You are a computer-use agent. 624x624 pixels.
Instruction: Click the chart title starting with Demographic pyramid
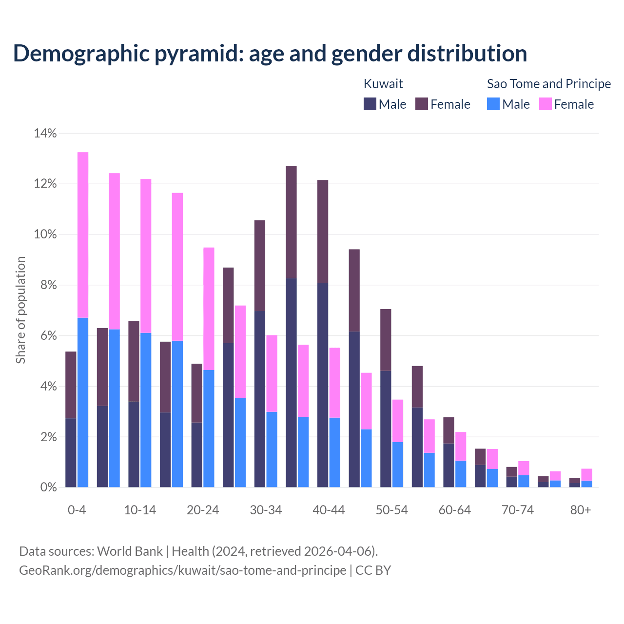(x=270, y=53)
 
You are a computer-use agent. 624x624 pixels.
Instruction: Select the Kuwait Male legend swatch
(x=370, y=104)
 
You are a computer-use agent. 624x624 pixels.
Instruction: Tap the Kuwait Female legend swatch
(x=422, y=104)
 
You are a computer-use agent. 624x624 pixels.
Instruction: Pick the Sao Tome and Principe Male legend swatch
(x=493, y=104)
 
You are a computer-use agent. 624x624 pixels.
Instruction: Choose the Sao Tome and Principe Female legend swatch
(x=546, y=104)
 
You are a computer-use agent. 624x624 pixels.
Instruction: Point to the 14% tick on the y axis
(x=45, y=133)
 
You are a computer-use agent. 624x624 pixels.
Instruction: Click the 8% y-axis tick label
(x=48, y=285)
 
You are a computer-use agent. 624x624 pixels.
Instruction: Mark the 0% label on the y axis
(x=48, y=487)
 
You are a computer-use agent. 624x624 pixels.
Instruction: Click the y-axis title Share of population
(x=20, y=310)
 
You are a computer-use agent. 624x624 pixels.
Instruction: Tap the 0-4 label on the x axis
(x=77, y=510)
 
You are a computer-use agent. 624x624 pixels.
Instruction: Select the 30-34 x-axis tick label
(x=266, y=510)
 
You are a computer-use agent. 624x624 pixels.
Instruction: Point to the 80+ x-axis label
(x=581, y=510)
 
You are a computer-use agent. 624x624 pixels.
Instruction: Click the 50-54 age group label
(x=392, y=510)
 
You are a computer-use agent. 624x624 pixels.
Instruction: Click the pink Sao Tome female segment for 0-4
(x=83, y=234)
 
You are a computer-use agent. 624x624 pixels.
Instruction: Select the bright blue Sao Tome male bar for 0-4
(x=83, y=402)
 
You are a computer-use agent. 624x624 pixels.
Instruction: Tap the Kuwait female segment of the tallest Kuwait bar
(x=291, y=222)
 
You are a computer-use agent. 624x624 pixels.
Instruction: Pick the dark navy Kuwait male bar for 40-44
(x=323, y=385)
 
